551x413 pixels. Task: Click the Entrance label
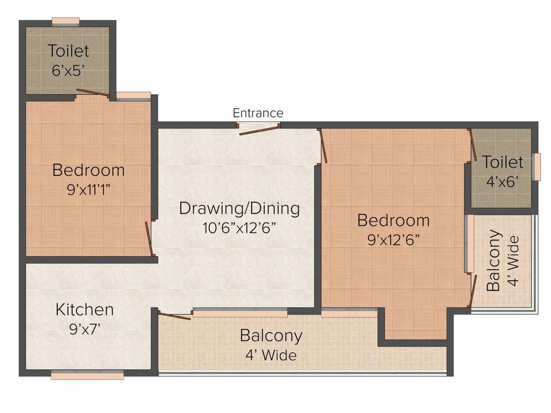click(x=258, y=113)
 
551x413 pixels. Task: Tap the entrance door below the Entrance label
click(x=259, y=128)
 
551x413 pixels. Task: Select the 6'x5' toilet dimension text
click(x=68, y=71)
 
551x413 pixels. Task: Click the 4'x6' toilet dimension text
click(x=502, y=182)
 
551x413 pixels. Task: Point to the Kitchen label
click(x=85, y=310)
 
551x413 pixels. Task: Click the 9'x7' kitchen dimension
click(x=85, y=329)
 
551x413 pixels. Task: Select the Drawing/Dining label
click(x=239, y=208)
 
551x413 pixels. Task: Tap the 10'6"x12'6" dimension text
click(x=239, y=227)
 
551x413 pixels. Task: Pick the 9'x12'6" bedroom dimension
click(x=393, y=240)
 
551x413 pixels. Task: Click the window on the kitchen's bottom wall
click(x=87, y=375)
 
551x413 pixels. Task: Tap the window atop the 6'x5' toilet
click(x=66, y=22)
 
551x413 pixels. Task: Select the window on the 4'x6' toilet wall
click(x=536, y=167)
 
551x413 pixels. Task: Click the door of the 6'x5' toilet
click(x=92, y=94)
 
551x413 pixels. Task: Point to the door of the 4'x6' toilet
click(x=471, y=145)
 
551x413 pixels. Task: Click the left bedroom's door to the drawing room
click(x=150, y=238)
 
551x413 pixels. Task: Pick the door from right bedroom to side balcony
click(x=473, y=290)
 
